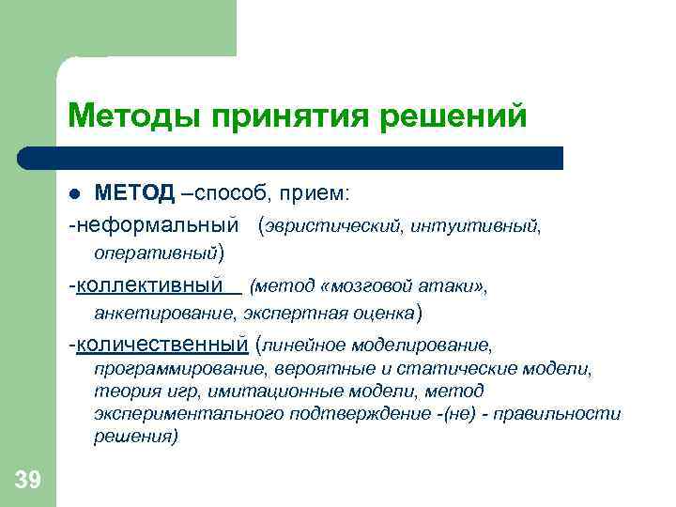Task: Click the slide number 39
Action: point(27,481)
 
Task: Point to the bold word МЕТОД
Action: point(134,193)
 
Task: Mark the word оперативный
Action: point(155,253)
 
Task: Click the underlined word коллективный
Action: point(149,284)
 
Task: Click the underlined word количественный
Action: point(162,345)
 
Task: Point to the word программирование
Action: point(180,369)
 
